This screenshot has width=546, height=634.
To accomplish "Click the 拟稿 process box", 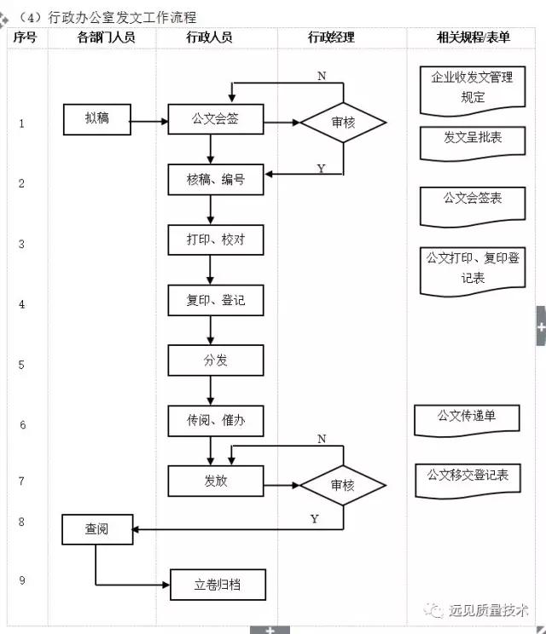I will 96,120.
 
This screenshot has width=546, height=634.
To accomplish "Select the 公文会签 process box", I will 216,120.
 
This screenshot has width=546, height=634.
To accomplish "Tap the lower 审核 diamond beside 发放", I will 342,484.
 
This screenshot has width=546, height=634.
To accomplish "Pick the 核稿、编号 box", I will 216,179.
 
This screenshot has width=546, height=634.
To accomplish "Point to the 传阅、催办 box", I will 216,421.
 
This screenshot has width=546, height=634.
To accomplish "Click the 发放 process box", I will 216,481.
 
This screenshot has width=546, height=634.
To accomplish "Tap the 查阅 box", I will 96,529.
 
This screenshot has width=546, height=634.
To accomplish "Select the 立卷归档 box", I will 217,585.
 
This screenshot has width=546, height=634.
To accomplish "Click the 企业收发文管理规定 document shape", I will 472,88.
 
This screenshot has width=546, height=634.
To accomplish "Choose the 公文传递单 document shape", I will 467,418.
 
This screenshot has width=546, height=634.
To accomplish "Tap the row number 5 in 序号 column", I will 22,364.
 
